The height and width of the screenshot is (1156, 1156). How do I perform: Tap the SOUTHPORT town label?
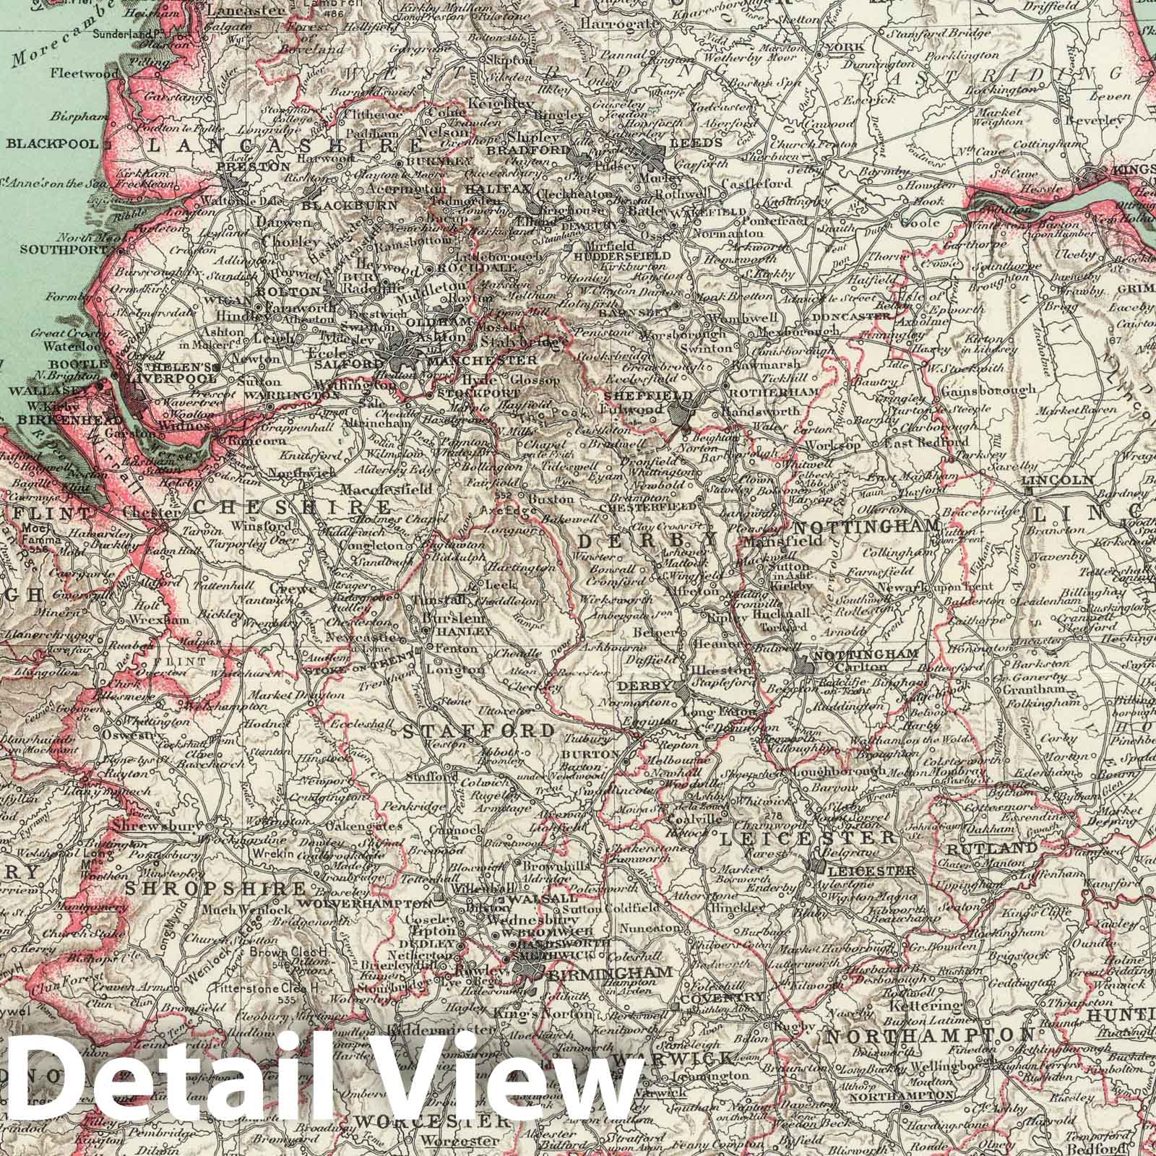(x=40, y=251)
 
